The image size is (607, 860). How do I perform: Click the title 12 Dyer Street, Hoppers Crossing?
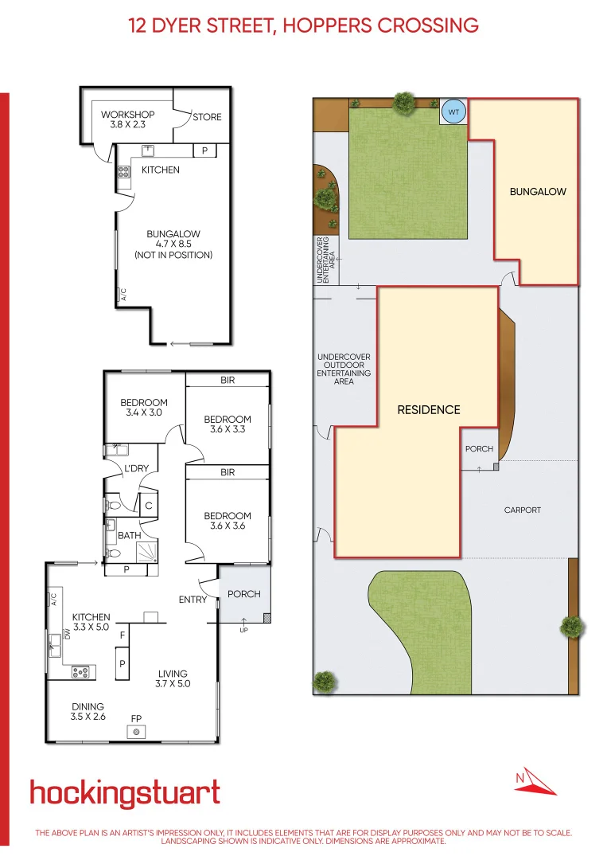tap(303, 25)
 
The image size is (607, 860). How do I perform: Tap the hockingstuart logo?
tap(125, 794)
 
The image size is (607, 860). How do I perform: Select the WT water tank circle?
tap(453, 112)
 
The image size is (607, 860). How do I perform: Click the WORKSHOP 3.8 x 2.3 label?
tap(127, 119)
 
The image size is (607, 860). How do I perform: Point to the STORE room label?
tap(207, 117)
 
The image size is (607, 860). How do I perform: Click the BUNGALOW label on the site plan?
tap(538, 192)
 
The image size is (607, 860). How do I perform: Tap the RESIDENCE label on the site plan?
tap(429, 410)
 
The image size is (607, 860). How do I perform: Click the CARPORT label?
tap(522, 510)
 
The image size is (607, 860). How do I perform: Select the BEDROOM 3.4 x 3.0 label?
tap(143, 408)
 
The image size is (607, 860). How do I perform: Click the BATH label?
tap(130, 536)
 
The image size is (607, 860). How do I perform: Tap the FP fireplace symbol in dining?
tap(136, 731)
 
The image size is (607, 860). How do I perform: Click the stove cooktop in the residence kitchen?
tap(80, 672)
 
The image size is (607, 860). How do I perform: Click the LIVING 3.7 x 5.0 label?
tap(173, 678)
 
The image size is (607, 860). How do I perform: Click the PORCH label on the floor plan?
tap(243, 594)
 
